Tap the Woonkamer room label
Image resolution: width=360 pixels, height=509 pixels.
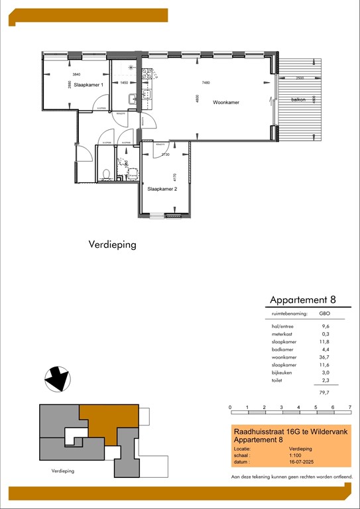click(x=226, y=103)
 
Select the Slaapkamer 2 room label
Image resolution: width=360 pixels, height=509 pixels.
click(x=162, y=189)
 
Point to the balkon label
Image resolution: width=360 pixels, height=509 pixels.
click(x=298, y=100)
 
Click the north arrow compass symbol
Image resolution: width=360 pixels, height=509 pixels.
click(x=56, y=380)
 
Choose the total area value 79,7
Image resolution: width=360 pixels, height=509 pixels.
click(x=326, y=391)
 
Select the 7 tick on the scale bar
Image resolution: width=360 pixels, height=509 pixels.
click(x=349, y=407)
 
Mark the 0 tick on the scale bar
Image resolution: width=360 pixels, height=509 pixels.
click(x=230, y=407)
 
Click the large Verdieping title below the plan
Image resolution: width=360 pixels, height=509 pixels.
click(x=112, y=245)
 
